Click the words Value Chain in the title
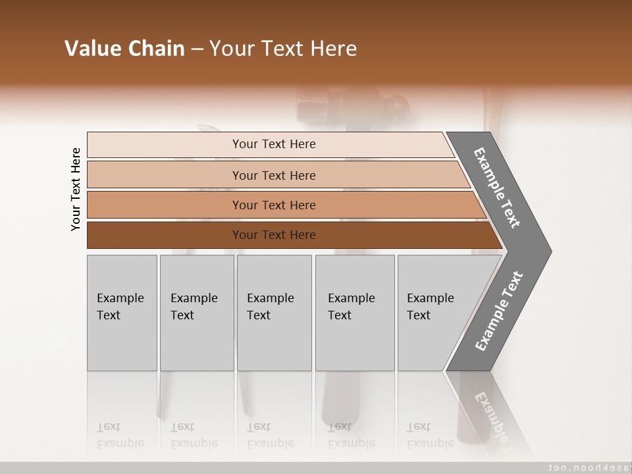tap(124, 49)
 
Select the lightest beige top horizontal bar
tap(273, 144)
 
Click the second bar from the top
tap(273, 175)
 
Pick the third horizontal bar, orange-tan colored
tap(273, 205)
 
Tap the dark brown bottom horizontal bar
tap(273, 235)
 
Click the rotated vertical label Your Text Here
tap(76, 189)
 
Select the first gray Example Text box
tap(122, 313)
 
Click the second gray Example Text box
tap(196, 313)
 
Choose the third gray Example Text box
tap(274, 313)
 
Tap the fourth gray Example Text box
tap(354, 313)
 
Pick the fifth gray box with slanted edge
tap(431, 313)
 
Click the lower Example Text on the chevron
tap(498, 311)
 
